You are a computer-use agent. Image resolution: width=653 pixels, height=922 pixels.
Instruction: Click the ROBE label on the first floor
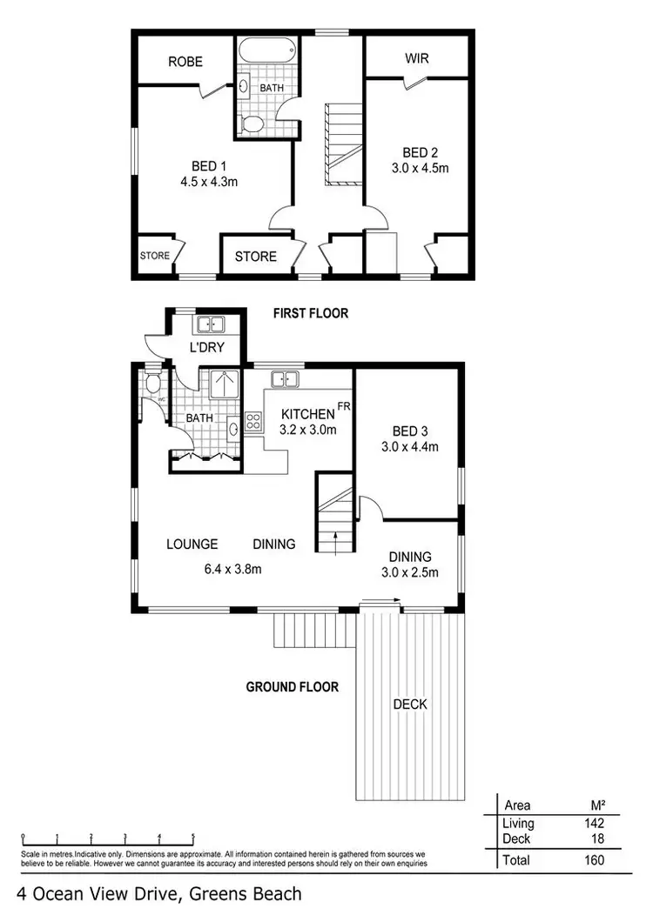(x=185, y=62)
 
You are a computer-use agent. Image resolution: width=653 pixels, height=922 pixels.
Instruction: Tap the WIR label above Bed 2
(x=415, y=59)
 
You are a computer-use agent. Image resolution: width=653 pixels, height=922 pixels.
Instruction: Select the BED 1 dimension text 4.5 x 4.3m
(x=209, y=183)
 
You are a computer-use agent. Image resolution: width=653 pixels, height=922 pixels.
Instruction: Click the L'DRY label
(x=208, y=348)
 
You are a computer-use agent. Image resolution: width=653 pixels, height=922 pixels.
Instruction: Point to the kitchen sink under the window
(x=284, y=378)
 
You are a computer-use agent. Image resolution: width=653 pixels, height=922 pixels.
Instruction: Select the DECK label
(x=409, y=704)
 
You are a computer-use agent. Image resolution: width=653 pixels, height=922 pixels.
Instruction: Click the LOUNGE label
(x=192, y=545)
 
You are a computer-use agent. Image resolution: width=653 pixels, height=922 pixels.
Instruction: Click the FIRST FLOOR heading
(x=311, y=313)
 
